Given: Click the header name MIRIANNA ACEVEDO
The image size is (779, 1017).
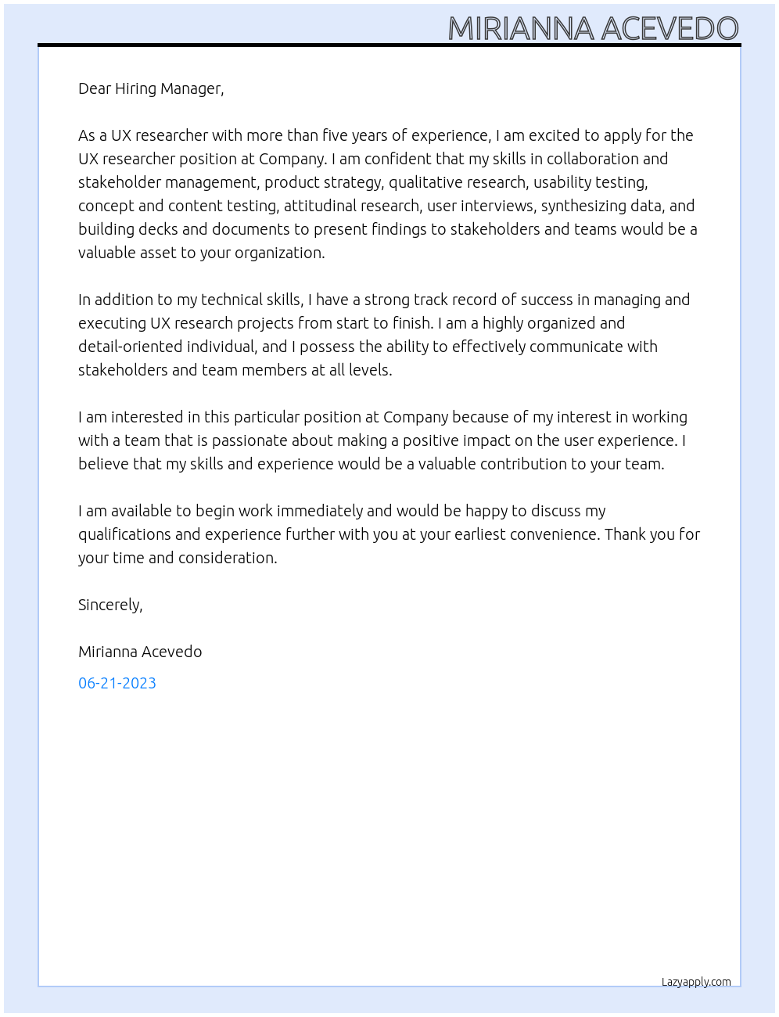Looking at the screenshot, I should point(593,29).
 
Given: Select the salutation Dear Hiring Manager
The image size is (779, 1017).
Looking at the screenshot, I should point(151,88).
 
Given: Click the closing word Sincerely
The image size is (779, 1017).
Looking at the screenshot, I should point(110,605).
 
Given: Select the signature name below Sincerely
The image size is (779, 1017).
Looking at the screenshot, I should point(140,652).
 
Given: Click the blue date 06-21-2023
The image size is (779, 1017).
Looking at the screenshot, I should point(117,683).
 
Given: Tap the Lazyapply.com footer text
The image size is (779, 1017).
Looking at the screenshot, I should point(696,982).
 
